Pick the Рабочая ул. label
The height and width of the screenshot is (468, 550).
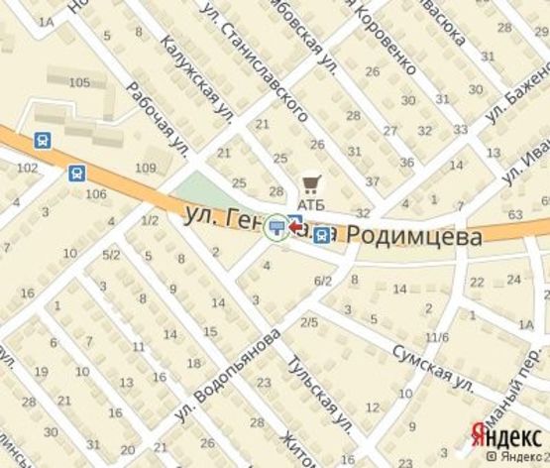pyautogui.click(x=158, y=121)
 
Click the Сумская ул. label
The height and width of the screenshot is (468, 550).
pyautogui.click(x=432, y=365)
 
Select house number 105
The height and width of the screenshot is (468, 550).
pyautogui.click(x=80, y=81)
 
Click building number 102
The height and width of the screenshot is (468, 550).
pyautogui.click(x=27, y=169)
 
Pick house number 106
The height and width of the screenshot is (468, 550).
pyautogui.click(x=96, y=193)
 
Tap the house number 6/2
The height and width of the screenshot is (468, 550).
pyautogui.click(x=323, y=282)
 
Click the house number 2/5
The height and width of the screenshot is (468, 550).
pyautogui.click(x=309, y=322)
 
